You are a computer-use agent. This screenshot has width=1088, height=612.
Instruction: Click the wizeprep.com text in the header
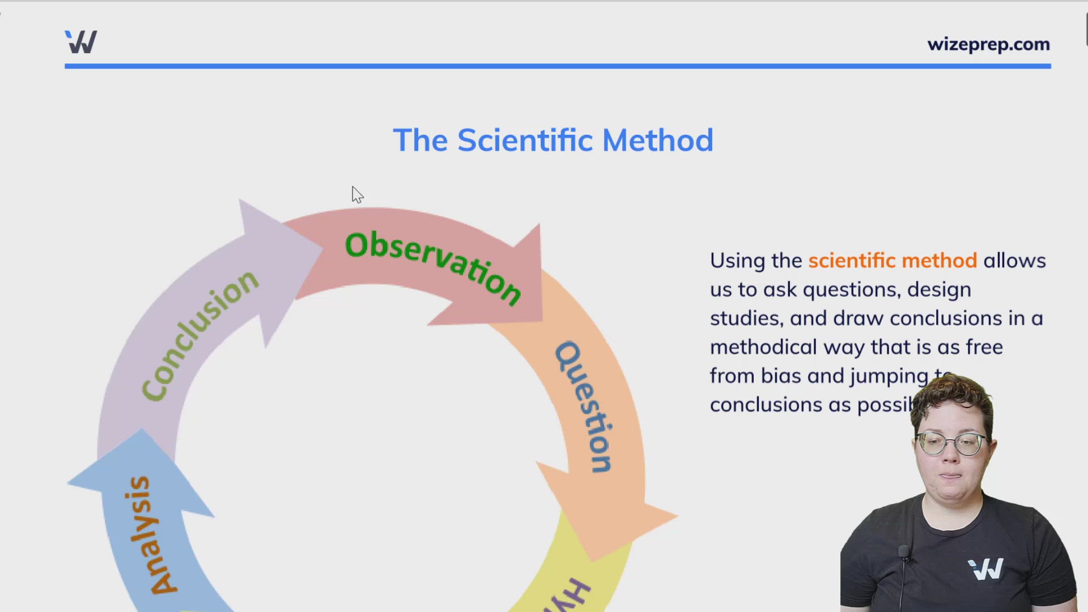point(988,44)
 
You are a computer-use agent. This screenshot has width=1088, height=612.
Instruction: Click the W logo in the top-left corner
point(81,42)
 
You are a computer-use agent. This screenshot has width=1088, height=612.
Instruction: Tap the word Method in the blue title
point(657,141)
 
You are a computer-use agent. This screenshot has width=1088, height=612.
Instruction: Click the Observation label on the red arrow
point(433,266)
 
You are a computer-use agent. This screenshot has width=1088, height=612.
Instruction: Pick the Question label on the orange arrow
point(584,407)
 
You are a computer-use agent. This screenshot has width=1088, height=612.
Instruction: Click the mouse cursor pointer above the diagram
point(357,194)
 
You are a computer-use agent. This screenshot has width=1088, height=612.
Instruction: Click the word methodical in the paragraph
point(763,347)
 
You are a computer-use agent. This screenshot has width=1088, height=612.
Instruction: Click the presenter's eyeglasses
point(952,444)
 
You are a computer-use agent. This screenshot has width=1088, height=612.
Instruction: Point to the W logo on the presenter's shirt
point(985,569)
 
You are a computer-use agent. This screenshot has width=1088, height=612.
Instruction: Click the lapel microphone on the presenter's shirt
point(904,551)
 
